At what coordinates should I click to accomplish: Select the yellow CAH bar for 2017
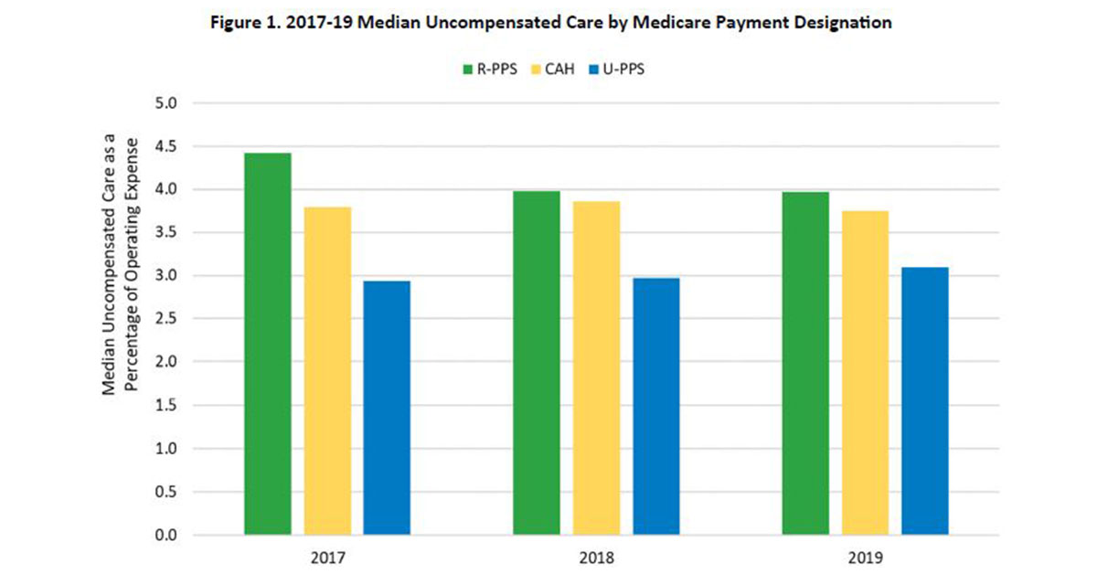click(x=327, y=371)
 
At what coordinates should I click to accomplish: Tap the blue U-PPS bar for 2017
click(x=387, y=408)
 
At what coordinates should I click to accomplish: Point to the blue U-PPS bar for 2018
click(x=655, y=406)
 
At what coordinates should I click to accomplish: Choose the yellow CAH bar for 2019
click(x=865, y=373)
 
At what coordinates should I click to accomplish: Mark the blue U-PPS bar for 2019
click(x=924, y=401)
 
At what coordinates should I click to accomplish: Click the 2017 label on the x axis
click(x=327, y=557)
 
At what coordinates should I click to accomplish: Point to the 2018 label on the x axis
click(x=596, y=557)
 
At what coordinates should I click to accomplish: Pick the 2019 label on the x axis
click(x=865, y=557)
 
